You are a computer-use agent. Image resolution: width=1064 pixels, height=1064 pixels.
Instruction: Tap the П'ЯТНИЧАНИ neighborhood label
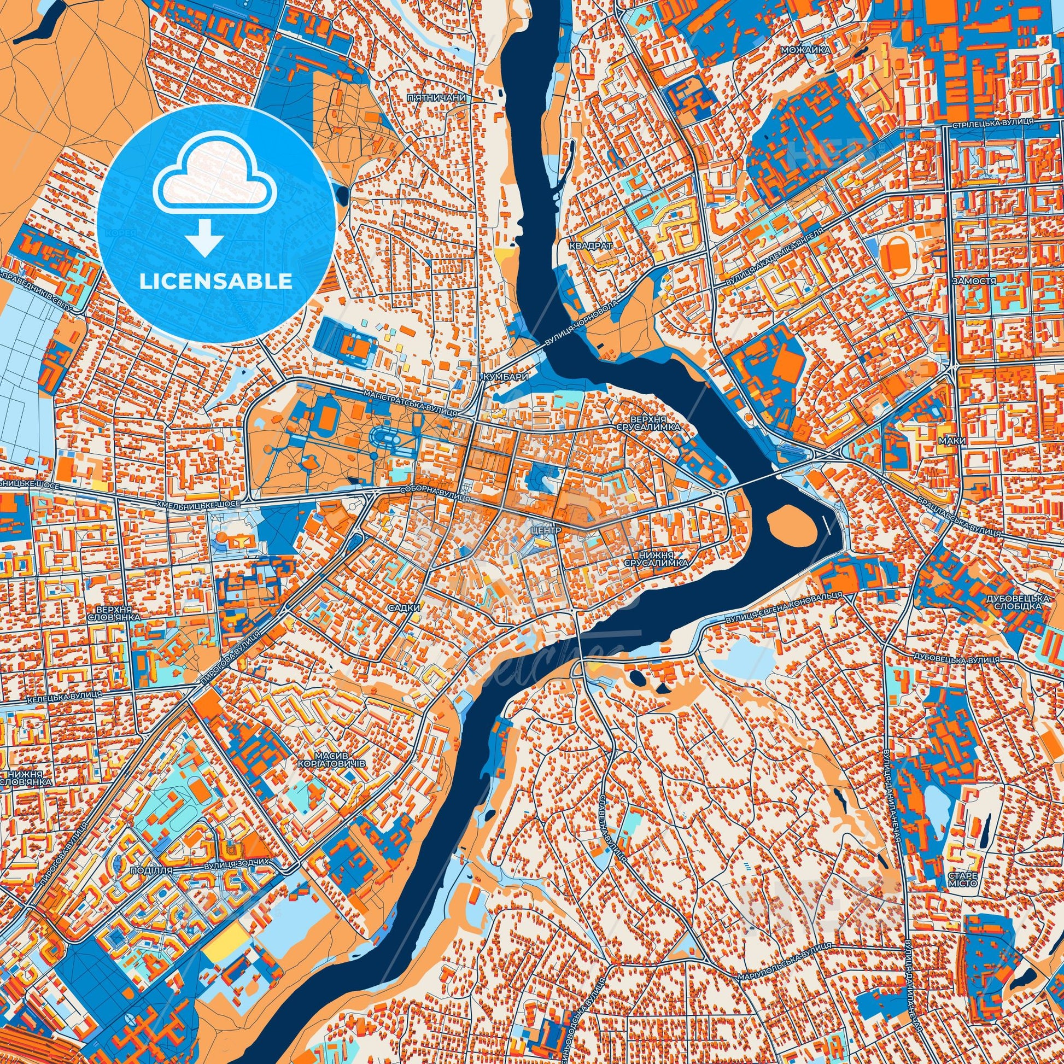[x=437, y=97]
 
